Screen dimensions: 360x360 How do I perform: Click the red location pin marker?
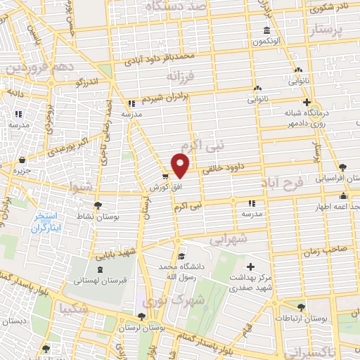pyautogui.click(x=181, y=166)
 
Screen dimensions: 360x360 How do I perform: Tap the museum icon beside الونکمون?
pyautogui.click(x=266, y=30)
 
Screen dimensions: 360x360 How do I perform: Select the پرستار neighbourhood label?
pyautogui.click(x=327, y=31)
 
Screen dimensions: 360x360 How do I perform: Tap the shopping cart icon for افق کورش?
pyautogui.click(x=165, y=176)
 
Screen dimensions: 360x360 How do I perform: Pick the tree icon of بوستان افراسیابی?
pyautogui.click(x=342, y=167)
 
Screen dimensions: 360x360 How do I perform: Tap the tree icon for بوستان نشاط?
pyautogui.click(x=98, y=204)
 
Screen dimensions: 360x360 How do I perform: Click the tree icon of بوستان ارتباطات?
pyautogui.click(x=300, y=307)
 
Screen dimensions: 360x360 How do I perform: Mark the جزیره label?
pyautogui.click(x=23, y=170)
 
